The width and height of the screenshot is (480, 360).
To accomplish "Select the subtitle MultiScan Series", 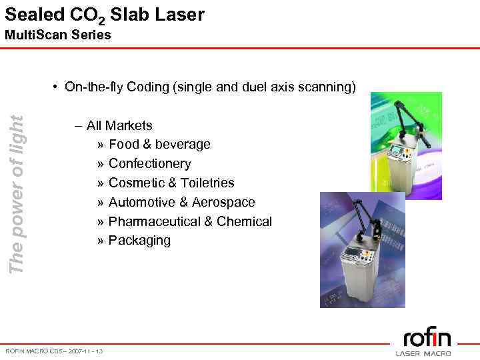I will (x=58, y=35).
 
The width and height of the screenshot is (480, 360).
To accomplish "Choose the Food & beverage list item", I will (x=159, y=144).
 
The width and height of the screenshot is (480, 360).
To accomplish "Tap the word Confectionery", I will (x=149, y=163).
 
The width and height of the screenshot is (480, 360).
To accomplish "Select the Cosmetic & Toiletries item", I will (x=171, y=183).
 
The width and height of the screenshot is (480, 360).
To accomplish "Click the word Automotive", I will (x=139, y=202).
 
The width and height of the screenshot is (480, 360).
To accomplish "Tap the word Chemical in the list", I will (x=247, y=221).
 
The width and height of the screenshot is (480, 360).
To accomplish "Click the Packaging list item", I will (x=139, y=240).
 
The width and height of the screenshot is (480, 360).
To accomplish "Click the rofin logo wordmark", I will (x=427, y=338).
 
